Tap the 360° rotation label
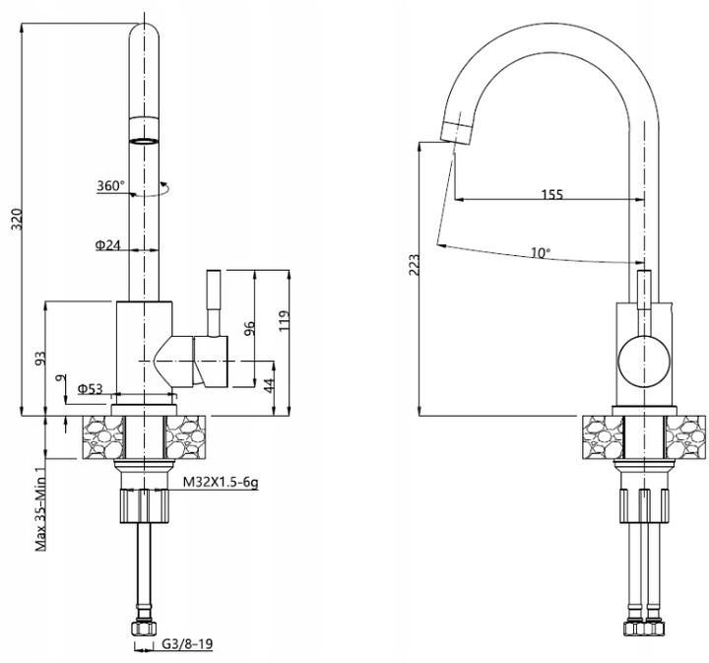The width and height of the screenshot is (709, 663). (x=110, y=186)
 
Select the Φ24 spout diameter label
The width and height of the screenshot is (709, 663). (x=107, y=245)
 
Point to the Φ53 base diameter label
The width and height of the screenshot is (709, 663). (x=91, y=387)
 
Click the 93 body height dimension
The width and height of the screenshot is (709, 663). (x=39, y=359)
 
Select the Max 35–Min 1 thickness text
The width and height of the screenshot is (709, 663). (x=41, y=508)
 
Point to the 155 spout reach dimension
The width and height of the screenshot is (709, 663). (x=551, y=195)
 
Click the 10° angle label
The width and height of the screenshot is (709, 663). (x=540, y=253)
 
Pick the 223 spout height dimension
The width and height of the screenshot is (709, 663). (x=414, y=267)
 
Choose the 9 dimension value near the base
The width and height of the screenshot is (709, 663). (x=61, y=377)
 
